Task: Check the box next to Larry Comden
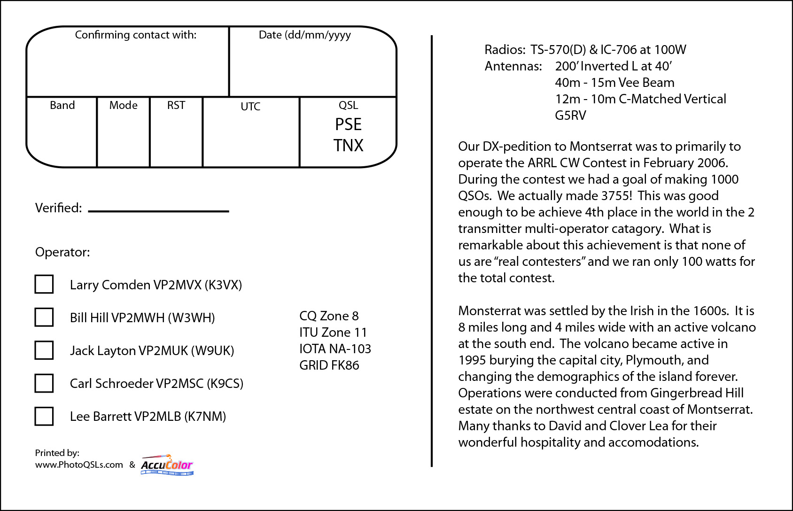coord(44,284)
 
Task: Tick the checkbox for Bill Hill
coord(44,317)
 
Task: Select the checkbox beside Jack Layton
coord(44,350)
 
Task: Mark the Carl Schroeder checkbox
coord(44,383)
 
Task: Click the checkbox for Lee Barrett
coord(44,416)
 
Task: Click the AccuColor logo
coord(167,465)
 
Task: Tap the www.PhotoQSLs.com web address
coord(79,465)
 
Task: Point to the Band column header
coord(62,105)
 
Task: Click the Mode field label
coord(123,105)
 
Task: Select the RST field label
coord(176,105)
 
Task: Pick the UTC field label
coord(250,107)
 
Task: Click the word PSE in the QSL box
coord(348,124)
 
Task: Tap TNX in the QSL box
coord(348,146)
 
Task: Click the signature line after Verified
coord(158,211)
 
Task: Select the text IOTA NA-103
coord(335,349)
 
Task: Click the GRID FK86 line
coord(329,365)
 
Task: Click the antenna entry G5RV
coord(570,116)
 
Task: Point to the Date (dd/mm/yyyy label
coord(304,35)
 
